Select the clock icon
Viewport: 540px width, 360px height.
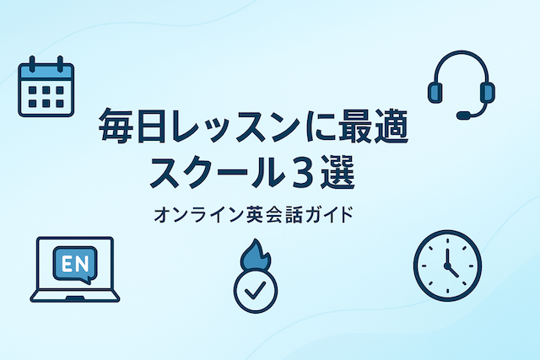click(446, 264)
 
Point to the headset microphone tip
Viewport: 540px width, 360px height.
click(462, 114)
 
